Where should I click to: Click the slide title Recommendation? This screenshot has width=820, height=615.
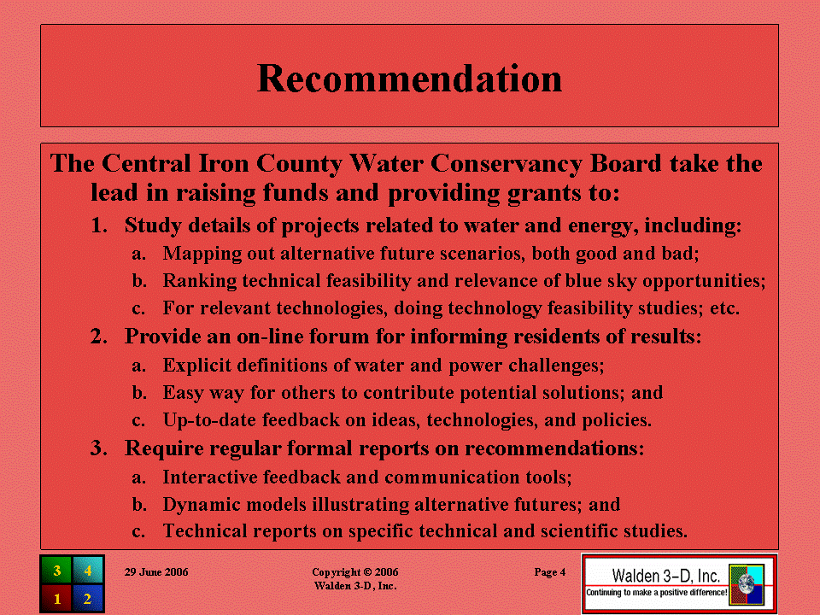tap(409, 79)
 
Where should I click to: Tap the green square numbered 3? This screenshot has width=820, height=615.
tap(56, 570)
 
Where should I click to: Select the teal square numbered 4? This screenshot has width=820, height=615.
tap(88, 570)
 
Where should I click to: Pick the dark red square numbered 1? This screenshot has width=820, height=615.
tap(56, 598)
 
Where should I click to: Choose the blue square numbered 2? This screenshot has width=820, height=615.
tap(88, 598)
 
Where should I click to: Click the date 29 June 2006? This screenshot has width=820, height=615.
tap(156, 572)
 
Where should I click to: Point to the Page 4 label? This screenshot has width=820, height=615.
tap(549, 572)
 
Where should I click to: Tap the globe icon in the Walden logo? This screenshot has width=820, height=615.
tap(747, 583)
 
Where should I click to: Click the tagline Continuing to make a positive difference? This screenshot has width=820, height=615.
tap(656, 593)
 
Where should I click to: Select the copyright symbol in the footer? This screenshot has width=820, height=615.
tap(367, 572)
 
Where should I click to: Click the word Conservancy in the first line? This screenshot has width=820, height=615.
tap(507, 164)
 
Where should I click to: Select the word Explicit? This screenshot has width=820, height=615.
tap(196, 365)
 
